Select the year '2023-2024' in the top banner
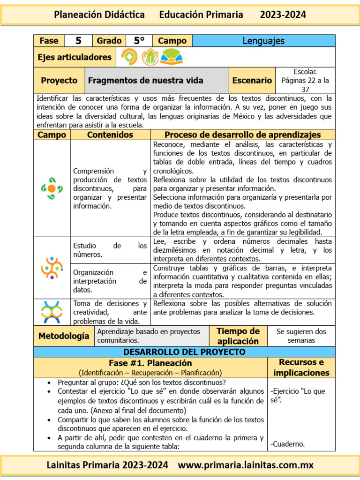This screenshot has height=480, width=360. coord(283,15)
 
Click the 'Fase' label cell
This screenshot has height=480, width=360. coord(49,41)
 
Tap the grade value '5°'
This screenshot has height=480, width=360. coord(139,41)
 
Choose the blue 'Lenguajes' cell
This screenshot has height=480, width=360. coord(263,41)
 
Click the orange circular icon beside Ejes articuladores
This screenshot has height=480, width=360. coord(130,57)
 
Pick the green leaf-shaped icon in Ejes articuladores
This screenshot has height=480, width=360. coord(150,57)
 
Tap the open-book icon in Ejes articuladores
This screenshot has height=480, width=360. coord(172,57)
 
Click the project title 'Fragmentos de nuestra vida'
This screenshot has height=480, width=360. coord(146,80)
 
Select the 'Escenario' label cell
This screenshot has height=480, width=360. coord(252,80)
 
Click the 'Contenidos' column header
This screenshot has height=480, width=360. coord(110,135)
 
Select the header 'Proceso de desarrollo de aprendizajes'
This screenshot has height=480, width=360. coord(242,135)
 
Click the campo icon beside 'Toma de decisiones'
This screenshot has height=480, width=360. coord(52,312)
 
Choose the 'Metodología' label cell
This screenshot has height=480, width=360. coord(63,336)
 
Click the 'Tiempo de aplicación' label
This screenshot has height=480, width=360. coord(238,336)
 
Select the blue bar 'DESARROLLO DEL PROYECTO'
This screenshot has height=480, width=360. coord(184,352)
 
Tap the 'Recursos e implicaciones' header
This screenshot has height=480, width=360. coord(301,367)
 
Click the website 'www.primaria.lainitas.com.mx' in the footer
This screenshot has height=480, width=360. coord(246,465)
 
